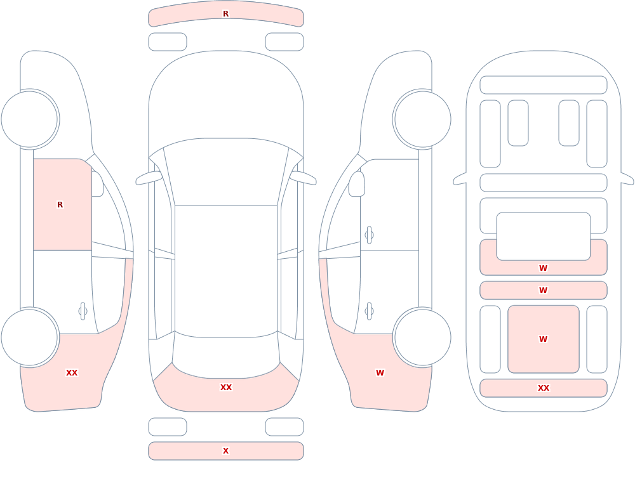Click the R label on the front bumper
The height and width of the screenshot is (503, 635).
[x=225, y=14]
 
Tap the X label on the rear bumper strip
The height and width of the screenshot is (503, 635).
[x=225, y=451]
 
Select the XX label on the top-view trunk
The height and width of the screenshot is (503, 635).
[x=226, y=388]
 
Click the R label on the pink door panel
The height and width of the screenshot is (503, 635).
[x=60, y=205]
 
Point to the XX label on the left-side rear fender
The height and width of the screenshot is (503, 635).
[x=72, y=373]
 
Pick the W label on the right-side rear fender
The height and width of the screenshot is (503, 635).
[x=380, y=373]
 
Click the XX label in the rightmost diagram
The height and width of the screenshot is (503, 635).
[x=544, y=388]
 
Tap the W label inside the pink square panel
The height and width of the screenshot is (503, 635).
[x=544, y=339]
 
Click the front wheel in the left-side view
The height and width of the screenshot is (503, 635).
[x=30, y=119]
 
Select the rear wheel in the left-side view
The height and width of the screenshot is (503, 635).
[x=30, y=337]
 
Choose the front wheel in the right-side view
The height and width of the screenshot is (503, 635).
[x=422, y=119]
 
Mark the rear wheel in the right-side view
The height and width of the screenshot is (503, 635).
[x=422, y=337]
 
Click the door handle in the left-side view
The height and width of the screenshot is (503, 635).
[x=83, y=311]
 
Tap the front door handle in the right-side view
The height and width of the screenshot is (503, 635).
[x=369, y=235]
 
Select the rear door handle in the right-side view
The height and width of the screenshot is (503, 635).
[x=369, y=311]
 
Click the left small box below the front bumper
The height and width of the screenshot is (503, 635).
[x=168, y=42]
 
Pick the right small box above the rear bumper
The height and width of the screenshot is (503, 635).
[x=284, y=427]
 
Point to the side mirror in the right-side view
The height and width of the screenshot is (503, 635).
[x=356, y=184]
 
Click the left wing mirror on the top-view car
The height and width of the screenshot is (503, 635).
[x=149, y=178]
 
